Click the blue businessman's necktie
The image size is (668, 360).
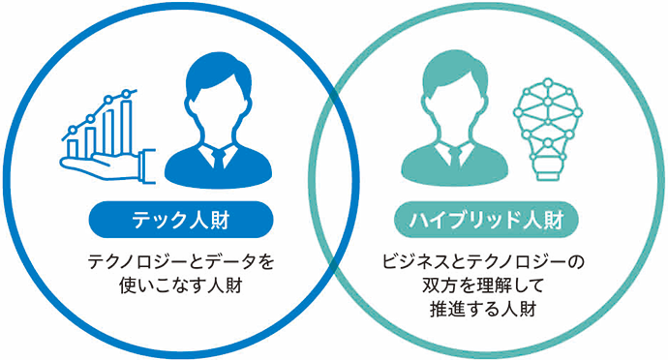pyautogui.click(x=216, y=160)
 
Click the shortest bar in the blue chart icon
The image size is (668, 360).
pyautogui.click(x=73, y=149)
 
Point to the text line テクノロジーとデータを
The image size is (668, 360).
pyautogui.click(x=172, y=261)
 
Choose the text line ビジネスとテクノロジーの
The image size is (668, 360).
pyautogui.click(x=493, y=261)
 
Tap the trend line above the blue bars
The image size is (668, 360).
pyautogui.click(x=97, y=109)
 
